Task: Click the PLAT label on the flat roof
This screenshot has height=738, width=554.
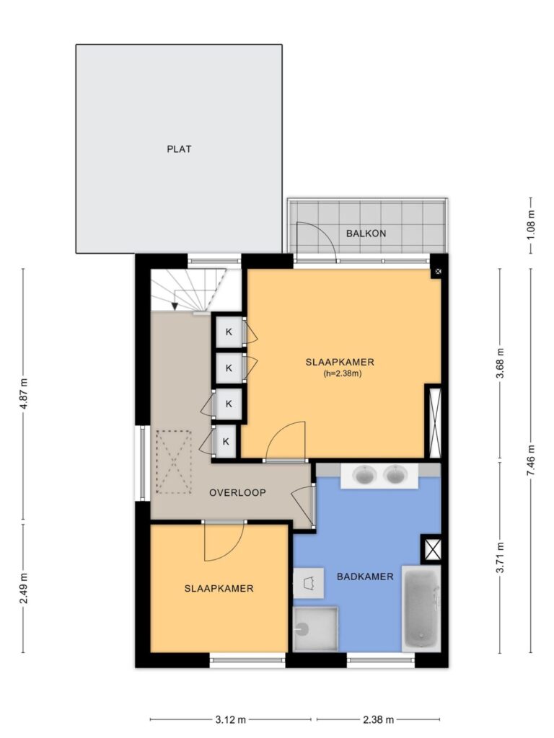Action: (179, 149)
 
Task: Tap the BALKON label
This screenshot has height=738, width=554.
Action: (366, 234)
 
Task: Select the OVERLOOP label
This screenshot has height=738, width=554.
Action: (237, 493)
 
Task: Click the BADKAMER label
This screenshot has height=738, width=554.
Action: (365, 577)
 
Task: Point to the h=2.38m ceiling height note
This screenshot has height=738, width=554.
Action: (343, 374)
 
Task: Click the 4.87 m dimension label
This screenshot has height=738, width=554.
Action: (24, 394)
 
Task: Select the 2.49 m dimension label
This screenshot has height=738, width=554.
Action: (24, 588)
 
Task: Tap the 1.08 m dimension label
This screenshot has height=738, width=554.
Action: (531, 225)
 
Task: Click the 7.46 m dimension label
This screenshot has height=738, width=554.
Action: (531, 460)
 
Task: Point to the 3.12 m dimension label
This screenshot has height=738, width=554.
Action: (231, 720)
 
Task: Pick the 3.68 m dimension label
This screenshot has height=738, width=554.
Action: (501, 363)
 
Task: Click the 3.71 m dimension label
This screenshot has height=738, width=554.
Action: (501, 558)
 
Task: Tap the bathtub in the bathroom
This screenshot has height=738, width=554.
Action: (421, 608)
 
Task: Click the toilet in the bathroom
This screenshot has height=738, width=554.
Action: (309, 583)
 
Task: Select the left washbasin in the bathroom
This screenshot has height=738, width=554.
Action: (364, 475)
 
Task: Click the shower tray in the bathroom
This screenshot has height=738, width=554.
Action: (316, 629)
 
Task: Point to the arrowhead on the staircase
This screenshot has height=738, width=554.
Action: (175, 306)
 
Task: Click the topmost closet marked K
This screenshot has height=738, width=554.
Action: (229, 332)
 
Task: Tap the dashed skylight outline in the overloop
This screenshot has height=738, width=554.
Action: (173, 462)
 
